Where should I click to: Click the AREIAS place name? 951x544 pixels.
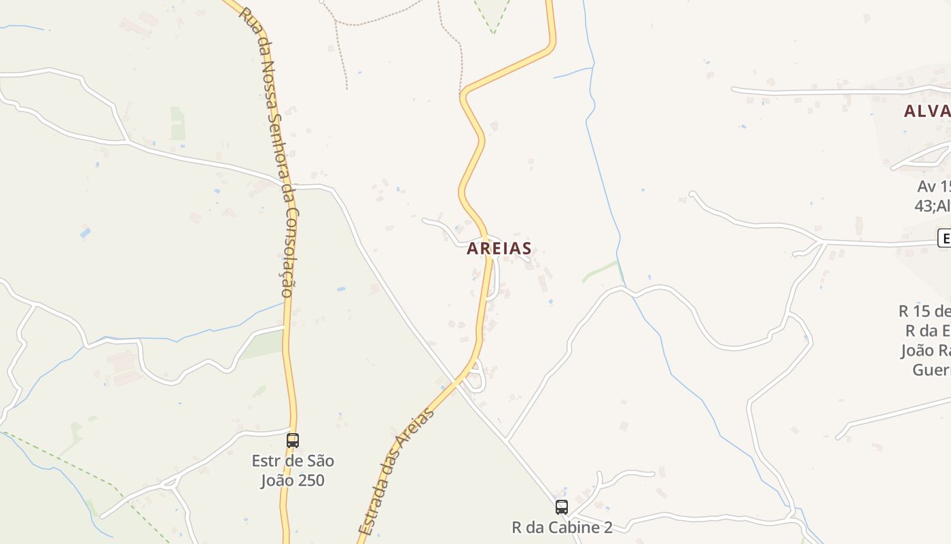[x=499, y=249]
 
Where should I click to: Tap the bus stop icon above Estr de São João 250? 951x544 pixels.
[x=293, y=440]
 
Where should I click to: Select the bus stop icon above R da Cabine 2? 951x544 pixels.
[x=562, y=507]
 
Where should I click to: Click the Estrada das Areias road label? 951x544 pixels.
[x=396, y=471]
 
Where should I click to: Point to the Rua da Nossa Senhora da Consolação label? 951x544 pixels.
[x=270, y=153]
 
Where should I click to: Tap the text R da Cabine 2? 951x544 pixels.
[x=562, y=527]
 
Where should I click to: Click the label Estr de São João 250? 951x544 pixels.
[x=293, y=471]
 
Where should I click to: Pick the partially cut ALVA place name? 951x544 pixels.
[x=927, y=112]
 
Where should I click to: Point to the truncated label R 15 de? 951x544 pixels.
[x=924, y=311]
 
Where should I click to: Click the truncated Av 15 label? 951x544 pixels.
[x=934, y=186]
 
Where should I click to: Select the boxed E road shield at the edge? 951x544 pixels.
[x=944, y=238]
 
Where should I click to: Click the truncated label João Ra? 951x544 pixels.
[x=925, y=350]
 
